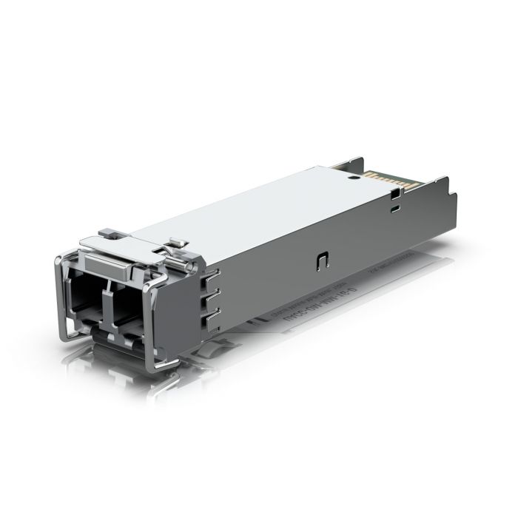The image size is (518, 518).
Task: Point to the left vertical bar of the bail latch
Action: click(60, 296)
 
